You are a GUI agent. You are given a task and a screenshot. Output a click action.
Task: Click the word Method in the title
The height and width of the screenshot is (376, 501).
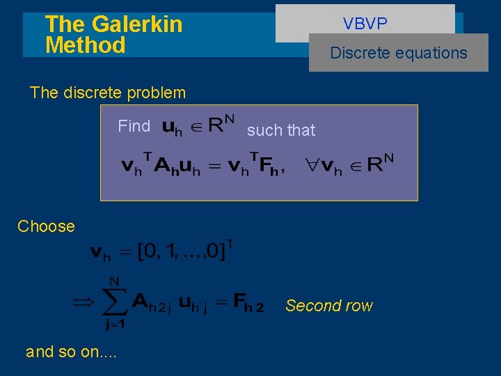(85, 45)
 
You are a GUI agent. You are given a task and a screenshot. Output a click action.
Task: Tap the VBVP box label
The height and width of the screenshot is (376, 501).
(365, 24)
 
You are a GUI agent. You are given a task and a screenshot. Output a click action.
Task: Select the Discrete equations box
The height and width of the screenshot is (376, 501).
(399, 53)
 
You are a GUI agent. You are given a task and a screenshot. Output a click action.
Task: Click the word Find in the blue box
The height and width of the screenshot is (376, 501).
(134, 126)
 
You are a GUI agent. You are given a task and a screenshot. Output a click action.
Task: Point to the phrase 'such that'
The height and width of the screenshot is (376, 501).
(281, 130)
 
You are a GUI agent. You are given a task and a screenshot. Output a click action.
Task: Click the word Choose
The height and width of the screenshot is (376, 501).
(46, 226)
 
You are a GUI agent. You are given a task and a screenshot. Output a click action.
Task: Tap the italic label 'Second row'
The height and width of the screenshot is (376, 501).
(329, 306)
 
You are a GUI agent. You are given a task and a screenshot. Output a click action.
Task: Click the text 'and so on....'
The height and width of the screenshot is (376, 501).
(71, 352)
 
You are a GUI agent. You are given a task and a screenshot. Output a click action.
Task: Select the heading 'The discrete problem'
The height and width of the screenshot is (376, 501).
(108, 93)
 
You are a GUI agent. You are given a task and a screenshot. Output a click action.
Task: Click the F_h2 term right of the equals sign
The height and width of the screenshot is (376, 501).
(248, 303)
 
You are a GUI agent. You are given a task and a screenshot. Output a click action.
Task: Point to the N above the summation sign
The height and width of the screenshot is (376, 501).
(115, 281)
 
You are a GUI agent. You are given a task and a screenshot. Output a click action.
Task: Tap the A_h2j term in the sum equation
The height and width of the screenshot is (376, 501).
(151, 303)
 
